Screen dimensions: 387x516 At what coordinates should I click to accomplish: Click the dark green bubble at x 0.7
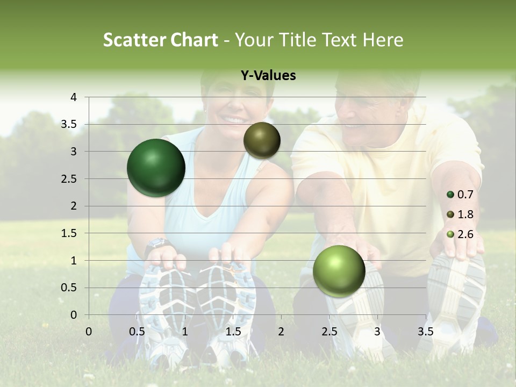click(156, 168)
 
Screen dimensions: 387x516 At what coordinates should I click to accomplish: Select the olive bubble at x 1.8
click(262, 140)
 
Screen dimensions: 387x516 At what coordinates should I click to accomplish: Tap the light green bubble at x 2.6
click(339, 271)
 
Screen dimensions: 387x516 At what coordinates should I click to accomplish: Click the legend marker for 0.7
click(450, 195)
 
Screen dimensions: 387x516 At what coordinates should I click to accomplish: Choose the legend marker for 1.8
click(450, 214)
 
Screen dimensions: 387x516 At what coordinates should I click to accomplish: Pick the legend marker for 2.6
click(450, 234)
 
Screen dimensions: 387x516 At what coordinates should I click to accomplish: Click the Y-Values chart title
click(268, 76)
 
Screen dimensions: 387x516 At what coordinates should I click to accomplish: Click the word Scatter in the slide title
click(134, 40)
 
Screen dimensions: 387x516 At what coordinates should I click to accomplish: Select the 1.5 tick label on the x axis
click(233, 332)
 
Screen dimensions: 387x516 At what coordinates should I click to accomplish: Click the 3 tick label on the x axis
click(377, 332)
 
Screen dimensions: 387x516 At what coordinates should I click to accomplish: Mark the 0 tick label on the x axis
click(89, 332)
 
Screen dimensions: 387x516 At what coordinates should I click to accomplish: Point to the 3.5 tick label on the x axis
click(425, 332)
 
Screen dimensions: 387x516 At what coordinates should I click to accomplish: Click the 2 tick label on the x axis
click(281, 332)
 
